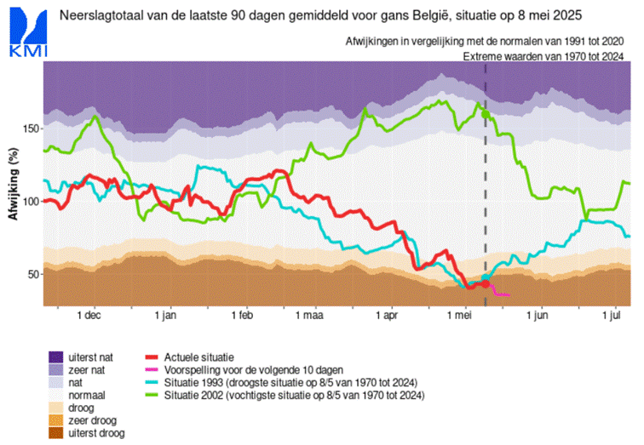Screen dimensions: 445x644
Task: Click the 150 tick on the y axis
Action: point(31,128)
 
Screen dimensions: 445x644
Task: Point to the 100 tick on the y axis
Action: point(31,202)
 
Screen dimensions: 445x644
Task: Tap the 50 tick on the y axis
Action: point(33,275)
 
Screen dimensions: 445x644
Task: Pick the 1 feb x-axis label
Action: point(241,316)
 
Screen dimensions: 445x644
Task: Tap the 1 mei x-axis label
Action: point(460,316)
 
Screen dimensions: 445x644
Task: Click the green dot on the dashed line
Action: point(486,113)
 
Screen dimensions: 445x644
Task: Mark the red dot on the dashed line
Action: point(486,283)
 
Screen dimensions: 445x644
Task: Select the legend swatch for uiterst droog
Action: point(56,433)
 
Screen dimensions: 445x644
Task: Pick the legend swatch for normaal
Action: point(56,395)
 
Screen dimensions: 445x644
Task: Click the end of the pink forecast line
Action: point(509,295)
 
